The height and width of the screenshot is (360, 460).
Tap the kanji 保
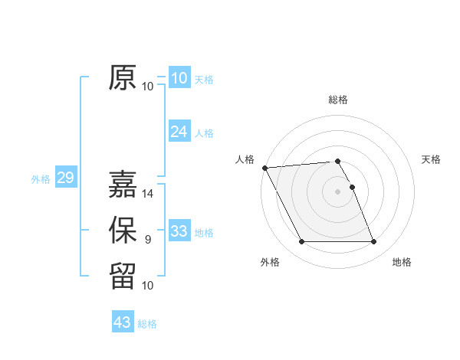tap(123, 231)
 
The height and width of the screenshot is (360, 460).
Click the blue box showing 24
tap(179, 132)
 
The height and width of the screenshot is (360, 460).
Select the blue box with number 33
tap(179, 231)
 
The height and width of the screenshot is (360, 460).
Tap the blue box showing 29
tap(65, 178)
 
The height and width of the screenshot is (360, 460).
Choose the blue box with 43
tap(123, 322)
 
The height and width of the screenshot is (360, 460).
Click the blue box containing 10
tap(179, 78)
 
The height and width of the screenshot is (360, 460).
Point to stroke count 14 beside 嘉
tap(148, 194)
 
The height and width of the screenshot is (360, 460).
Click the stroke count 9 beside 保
tap(148, 240)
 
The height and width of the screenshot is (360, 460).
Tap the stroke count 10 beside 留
tap(148, 285)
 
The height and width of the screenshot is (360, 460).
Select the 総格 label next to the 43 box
tap(147, 324)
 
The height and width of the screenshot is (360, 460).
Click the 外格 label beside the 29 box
tap(41, 179)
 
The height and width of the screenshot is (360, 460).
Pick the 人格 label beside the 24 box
tap(204, 133)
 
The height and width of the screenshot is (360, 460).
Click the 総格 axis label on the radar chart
tap(338, 100)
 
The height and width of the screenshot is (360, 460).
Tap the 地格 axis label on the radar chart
tap(402, 262)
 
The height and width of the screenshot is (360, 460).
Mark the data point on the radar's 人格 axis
tap(264, 168)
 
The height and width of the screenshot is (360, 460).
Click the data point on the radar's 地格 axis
tap(374, 242)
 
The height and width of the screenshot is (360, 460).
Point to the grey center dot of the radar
tap(338, 191)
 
